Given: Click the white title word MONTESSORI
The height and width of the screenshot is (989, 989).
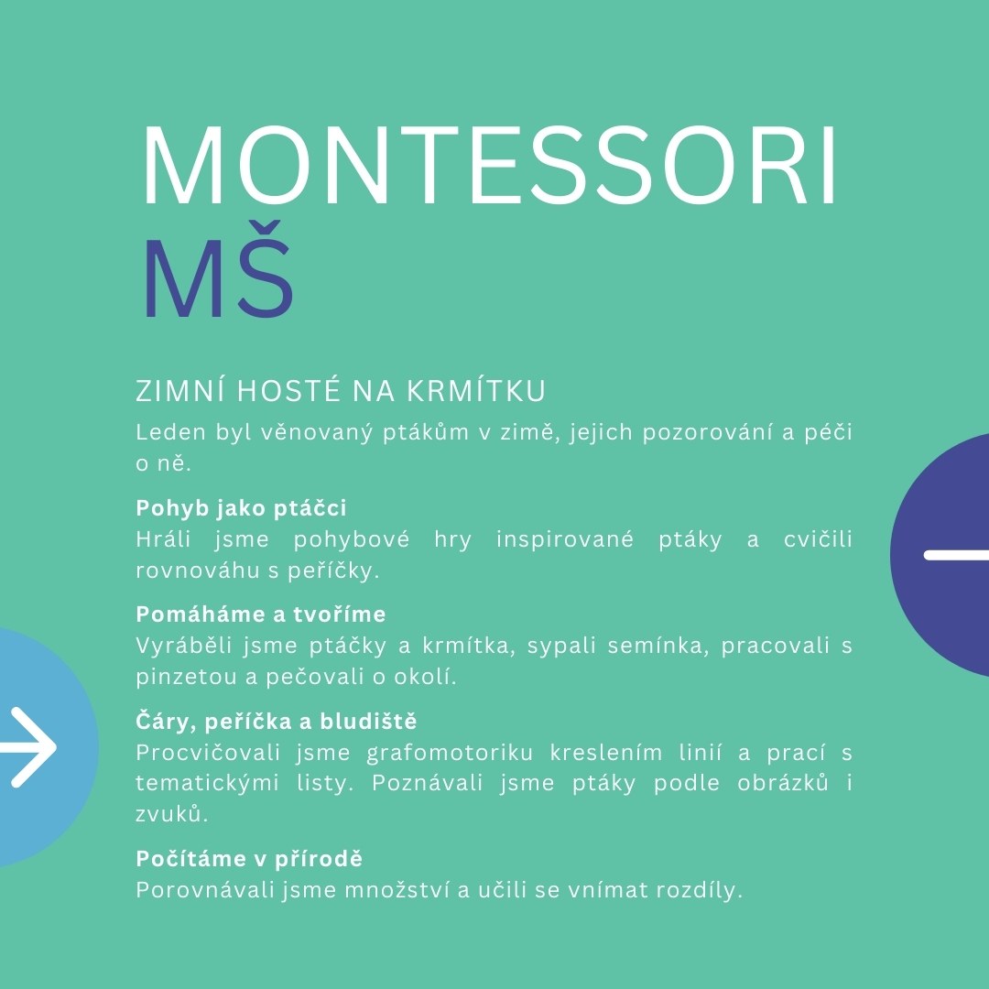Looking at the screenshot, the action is click(x=489, y=167).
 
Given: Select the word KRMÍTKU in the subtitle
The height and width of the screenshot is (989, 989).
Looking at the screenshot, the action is click(x=475, y=390).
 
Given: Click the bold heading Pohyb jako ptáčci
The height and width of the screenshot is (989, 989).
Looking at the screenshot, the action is click(x=241, y=508).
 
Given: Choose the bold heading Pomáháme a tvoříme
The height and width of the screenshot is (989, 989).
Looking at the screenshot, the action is click(x=260, y=614).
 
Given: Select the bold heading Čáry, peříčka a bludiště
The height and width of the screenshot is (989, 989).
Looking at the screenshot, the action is click(x=277, y=721).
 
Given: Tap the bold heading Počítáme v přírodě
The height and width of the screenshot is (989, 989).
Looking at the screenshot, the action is click(x=249, y=858).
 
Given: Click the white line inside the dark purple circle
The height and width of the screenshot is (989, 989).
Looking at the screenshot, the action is click(x=956, y=555).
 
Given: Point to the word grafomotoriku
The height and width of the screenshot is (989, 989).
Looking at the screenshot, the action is click(x=450, y=753).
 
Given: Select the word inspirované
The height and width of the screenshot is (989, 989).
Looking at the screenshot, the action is click(x=564, y=540).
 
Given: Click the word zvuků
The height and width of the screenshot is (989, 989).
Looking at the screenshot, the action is click(x=171, y=814).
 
